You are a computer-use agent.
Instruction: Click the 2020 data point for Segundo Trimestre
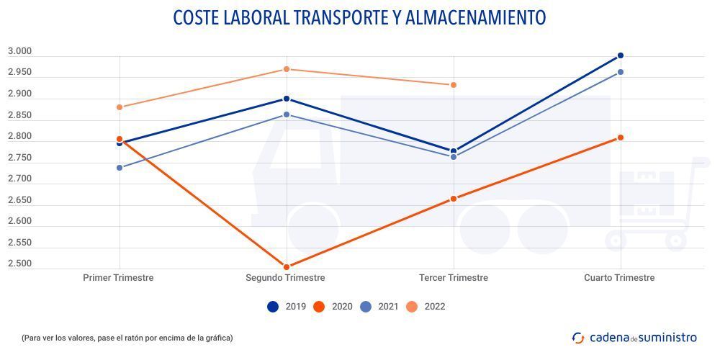click(x=287, y=267)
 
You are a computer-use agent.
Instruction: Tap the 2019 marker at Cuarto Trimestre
click(x=621, y=55)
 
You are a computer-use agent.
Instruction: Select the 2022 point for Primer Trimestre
click(x=120, y=107)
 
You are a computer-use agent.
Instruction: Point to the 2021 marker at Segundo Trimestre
click(x=287, y=115)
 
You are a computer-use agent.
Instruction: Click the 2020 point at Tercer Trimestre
click(x=454, y=199)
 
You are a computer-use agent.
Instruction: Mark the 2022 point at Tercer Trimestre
click(x=454, y=85)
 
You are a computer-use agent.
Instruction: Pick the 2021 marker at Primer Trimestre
click(x=120, y=168)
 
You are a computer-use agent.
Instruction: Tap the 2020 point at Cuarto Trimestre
click(x=621, y=138)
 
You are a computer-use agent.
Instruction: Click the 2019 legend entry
click(x=287, y=307)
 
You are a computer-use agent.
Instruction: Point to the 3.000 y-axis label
click(x=20, y=51)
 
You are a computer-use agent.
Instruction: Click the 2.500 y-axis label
click(x=20, y=264)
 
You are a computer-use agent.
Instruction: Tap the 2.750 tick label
click(x=20, y=158)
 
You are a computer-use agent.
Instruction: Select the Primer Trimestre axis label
click(x=119, y=278)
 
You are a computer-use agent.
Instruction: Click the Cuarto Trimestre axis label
click(x=619, y=278)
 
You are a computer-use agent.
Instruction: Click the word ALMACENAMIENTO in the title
click(x=476, y=18)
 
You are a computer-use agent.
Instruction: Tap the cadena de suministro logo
click(x=634, y=337)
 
